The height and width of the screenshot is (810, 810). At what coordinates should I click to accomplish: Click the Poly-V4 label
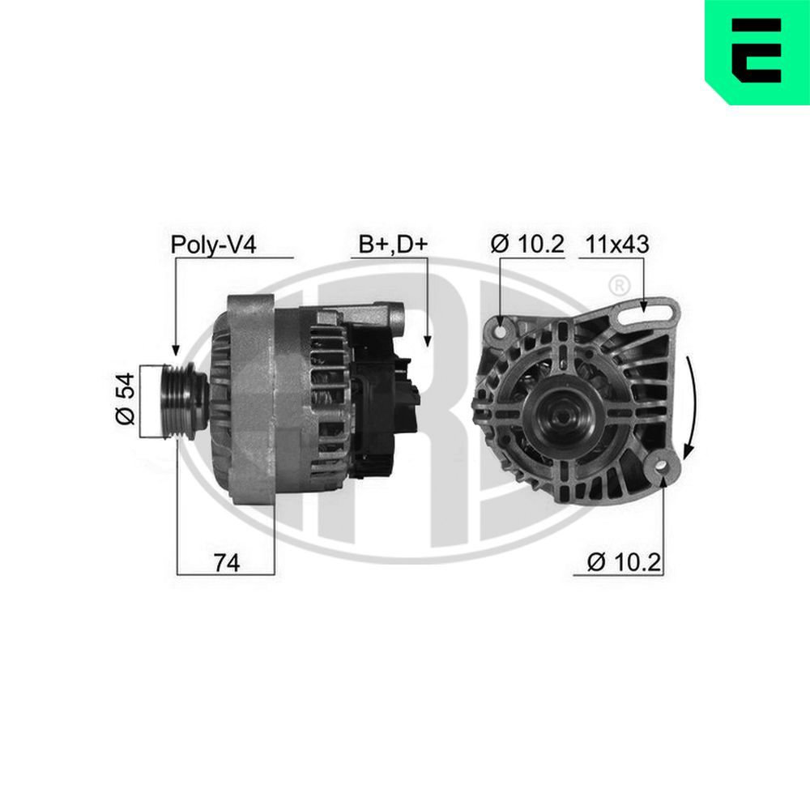pyautogui.click(x=213, y=245)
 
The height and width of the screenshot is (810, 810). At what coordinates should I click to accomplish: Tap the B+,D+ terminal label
pyautogui.click(x=393, y=245)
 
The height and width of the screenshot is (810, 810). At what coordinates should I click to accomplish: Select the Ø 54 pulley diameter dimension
pyautogui.click(x=124, y=401)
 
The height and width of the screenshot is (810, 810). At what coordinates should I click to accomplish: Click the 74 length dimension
pyautogui.click(x=226, y=563)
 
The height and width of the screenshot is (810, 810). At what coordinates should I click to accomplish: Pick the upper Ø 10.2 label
pyautogui.click(x=527, y=245)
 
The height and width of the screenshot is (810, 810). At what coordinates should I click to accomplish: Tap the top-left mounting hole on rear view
pyautogui.click(x=500, y=330)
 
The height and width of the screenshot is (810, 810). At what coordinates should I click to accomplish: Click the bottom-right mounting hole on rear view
pyautogui.click(x=663, y=466)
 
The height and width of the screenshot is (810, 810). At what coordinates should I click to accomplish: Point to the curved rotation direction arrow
pyautogui.click(x=692, y=405)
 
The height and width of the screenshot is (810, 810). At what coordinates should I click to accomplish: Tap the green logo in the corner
pyautogui.click(x=757, y=53)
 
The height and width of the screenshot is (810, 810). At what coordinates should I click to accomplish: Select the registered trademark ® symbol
pyautogui.click(x=618, y=285)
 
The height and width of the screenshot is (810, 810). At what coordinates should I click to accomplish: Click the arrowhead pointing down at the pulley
pyautogui.click(x=175, y=347)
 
